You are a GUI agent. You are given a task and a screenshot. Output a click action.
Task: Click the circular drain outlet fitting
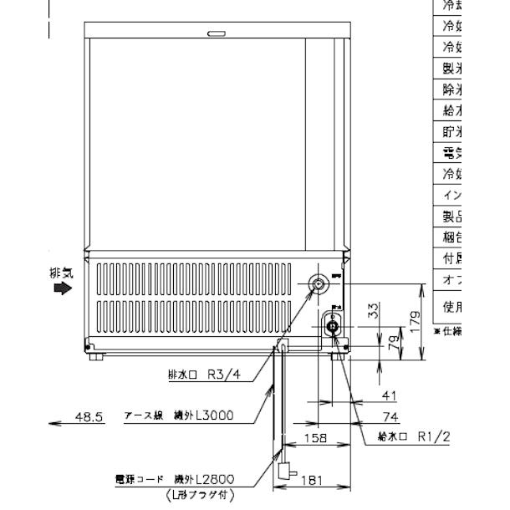[x=319, y=285]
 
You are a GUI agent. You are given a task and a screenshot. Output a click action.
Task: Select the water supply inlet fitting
[x=333, y=326]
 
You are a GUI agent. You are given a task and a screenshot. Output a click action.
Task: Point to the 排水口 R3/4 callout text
[x=204, y=375]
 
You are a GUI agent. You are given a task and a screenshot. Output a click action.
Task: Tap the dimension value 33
[x=374, y=311]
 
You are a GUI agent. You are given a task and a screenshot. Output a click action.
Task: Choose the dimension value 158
[x=314, y=436]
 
